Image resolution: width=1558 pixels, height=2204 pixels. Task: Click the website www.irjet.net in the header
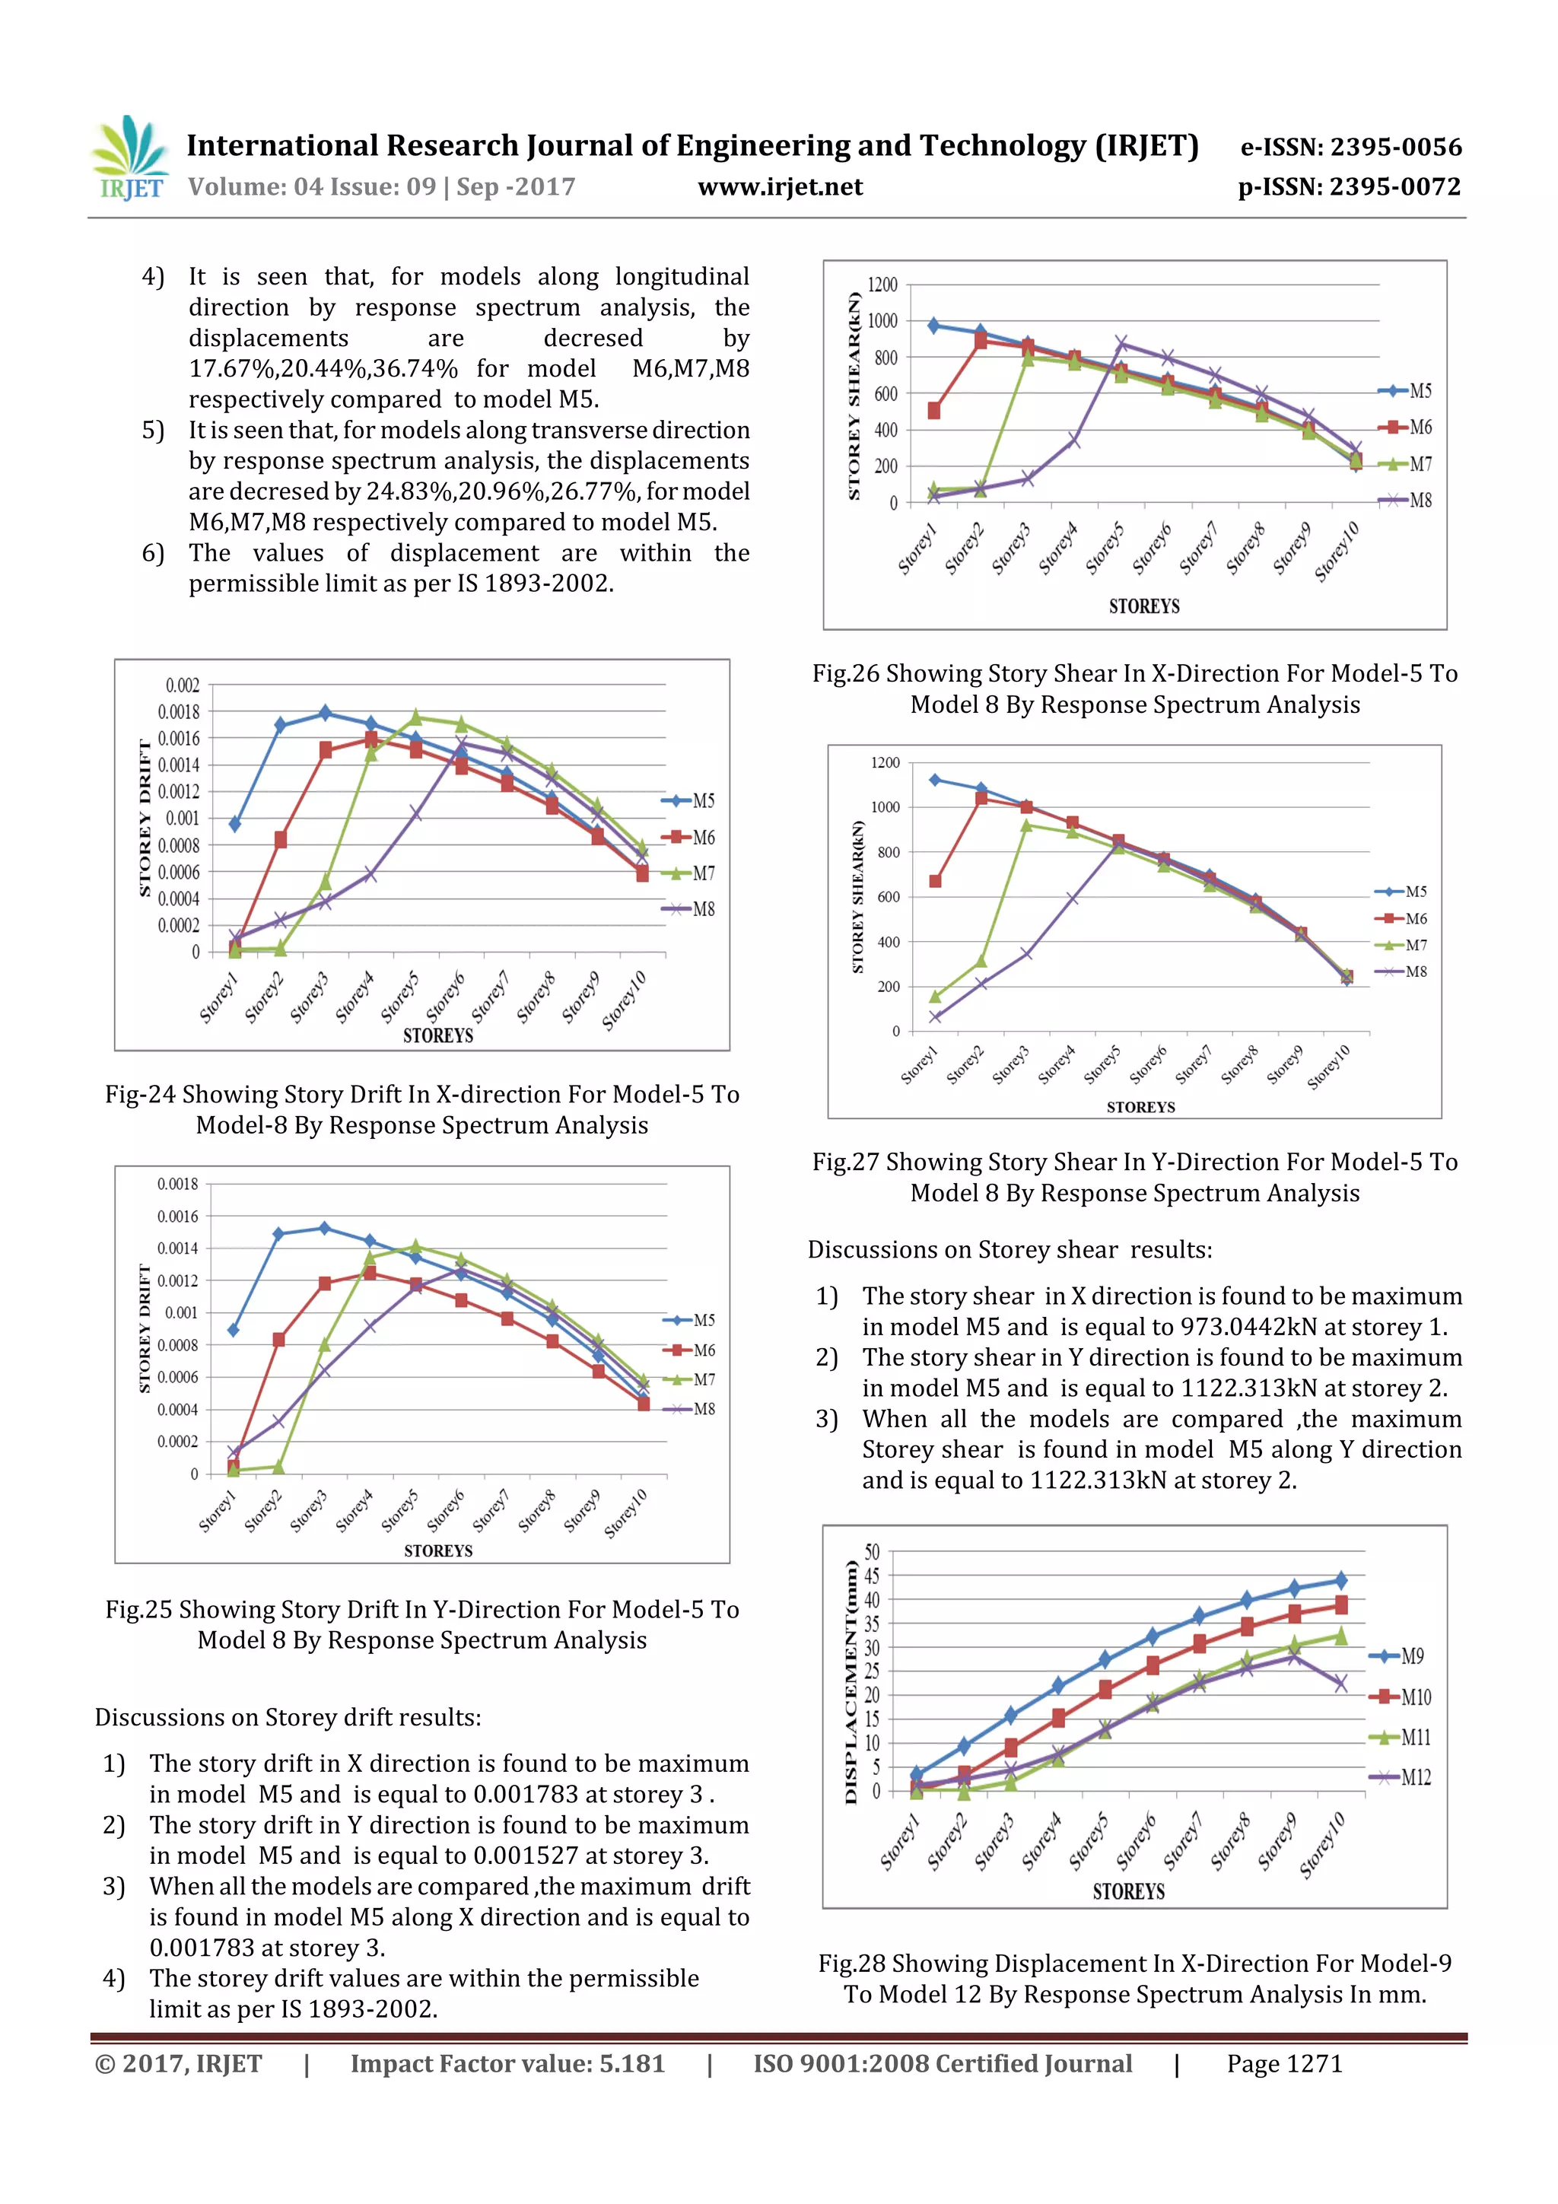coord(780,187)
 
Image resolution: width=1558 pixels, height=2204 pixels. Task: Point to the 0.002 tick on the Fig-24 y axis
coord(183,685)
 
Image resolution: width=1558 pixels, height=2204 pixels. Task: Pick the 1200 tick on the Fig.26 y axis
coord(881,285)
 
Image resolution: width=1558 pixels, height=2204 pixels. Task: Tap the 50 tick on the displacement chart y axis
coord(871,1551)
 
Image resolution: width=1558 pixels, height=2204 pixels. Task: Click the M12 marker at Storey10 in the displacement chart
coord(1340,1683)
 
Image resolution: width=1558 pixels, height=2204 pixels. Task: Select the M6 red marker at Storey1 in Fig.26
coord(934,411)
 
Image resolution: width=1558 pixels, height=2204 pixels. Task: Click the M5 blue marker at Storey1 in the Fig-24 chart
coord(234,824)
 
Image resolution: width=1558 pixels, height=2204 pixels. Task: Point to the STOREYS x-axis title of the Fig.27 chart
coord(1140,1107)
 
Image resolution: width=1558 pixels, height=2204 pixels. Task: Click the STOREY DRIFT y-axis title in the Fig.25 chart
coord(146,1328)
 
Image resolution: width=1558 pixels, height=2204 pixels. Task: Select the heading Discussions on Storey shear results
coord(1009,1250)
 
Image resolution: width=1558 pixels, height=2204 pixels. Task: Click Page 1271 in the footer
coord(1283,2064)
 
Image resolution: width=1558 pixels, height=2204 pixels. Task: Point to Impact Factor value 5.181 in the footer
coord(507,2064)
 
